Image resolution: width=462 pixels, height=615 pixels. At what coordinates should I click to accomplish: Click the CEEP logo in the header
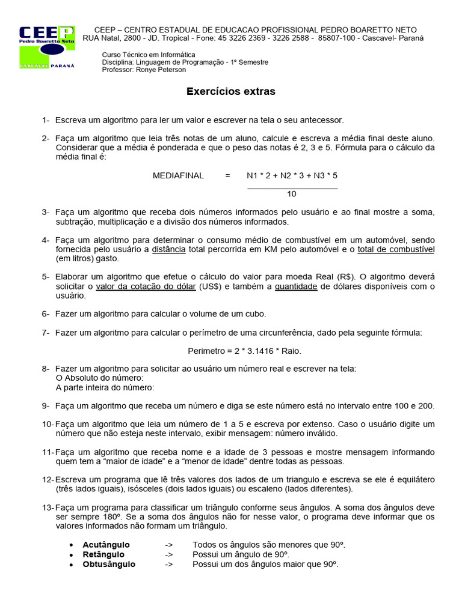pyautogui.click(x=47, y=47)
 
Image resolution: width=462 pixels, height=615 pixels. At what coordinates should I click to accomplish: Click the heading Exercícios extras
pyautogui.click(x=230, y=92)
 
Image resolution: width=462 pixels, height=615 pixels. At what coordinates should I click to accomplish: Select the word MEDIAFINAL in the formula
pyautogui.click(x=178, y=175)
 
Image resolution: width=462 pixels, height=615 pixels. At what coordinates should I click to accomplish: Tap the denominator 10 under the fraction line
pyautogui.click(x=292, y=194)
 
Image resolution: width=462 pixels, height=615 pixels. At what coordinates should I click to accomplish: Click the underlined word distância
pyautogui.click(x=168, y=249)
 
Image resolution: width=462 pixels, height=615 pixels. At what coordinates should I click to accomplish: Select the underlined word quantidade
pyautogui.click(x=296, y=286)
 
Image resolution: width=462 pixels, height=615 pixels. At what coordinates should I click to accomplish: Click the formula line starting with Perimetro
pyautogui.click(x=244, y=350)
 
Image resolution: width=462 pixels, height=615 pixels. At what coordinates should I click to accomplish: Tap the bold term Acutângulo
pyautogui.click(x=106, y=545)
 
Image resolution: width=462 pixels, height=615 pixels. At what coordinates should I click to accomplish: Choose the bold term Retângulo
pyautogui.click(x=103, y=554)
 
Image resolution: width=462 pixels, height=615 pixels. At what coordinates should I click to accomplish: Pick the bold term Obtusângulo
pyautogui.click(x=109, y=564)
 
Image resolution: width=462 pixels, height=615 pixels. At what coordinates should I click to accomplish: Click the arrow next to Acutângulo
pyautogui.click(x=169, y=545)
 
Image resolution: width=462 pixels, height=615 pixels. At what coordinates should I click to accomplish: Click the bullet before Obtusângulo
pyautogui.click(x=71, y=565)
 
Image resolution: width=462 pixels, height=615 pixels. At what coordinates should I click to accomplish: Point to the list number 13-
pyautogui.click(x=48, y=507)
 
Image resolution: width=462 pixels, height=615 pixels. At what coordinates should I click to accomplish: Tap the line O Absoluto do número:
pyautogui.click(x=99, y=378)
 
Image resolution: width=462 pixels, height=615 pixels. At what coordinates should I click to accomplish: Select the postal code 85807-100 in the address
pyautogui.click(x=338, y=38)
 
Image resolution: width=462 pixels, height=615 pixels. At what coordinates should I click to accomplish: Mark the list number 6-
pyautogui.click(x=46, y=314)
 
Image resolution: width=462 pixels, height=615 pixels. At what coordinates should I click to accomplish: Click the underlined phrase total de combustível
pyautogui.click(x=396, y=249)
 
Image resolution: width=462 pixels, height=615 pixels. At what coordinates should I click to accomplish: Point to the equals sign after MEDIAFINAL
pyautogui.click(x=228, y=175)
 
